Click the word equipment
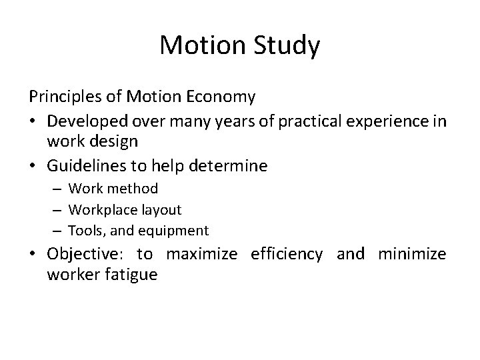(x=176, y=231)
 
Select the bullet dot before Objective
(x=33, y=254)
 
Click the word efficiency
(x=287, y=254)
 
